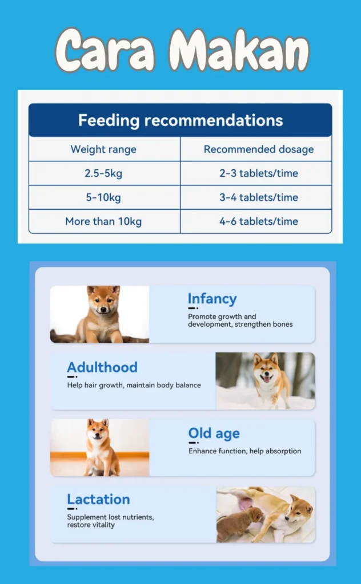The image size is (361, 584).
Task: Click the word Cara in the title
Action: (x=105, y=50)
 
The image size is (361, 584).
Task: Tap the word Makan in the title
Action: (x=239, y=50)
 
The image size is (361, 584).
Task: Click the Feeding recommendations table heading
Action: (x=181, y=120)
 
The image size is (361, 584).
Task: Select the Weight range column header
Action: (x=104, y=149)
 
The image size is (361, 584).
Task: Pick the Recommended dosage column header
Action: (x=259, y=149)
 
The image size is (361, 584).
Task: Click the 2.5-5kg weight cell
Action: (x=103, y=173)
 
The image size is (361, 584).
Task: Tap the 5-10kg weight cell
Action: (x=103, y=197)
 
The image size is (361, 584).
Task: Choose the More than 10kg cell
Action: (x=103, y=222)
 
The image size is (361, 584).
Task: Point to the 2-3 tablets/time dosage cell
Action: (x=259, y=173)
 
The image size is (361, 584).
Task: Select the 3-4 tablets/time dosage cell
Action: (x=259, y=197)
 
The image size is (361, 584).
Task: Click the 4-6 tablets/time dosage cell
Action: (x=259, y=222)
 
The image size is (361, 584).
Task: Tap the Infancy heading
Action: (x=212, y=299)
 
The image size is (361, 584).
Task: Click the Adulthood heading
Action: (x=102, y=367)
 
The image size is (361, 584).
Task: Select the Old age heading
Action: (x=214, y=433)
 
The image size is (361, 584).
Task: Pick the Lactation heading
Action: (x=98, y=499)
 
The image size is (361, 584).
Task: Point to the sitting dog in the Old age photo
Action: (x=101, y=447)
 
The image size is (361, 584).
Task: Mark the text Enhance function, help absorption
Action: (x=244, y=451)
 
